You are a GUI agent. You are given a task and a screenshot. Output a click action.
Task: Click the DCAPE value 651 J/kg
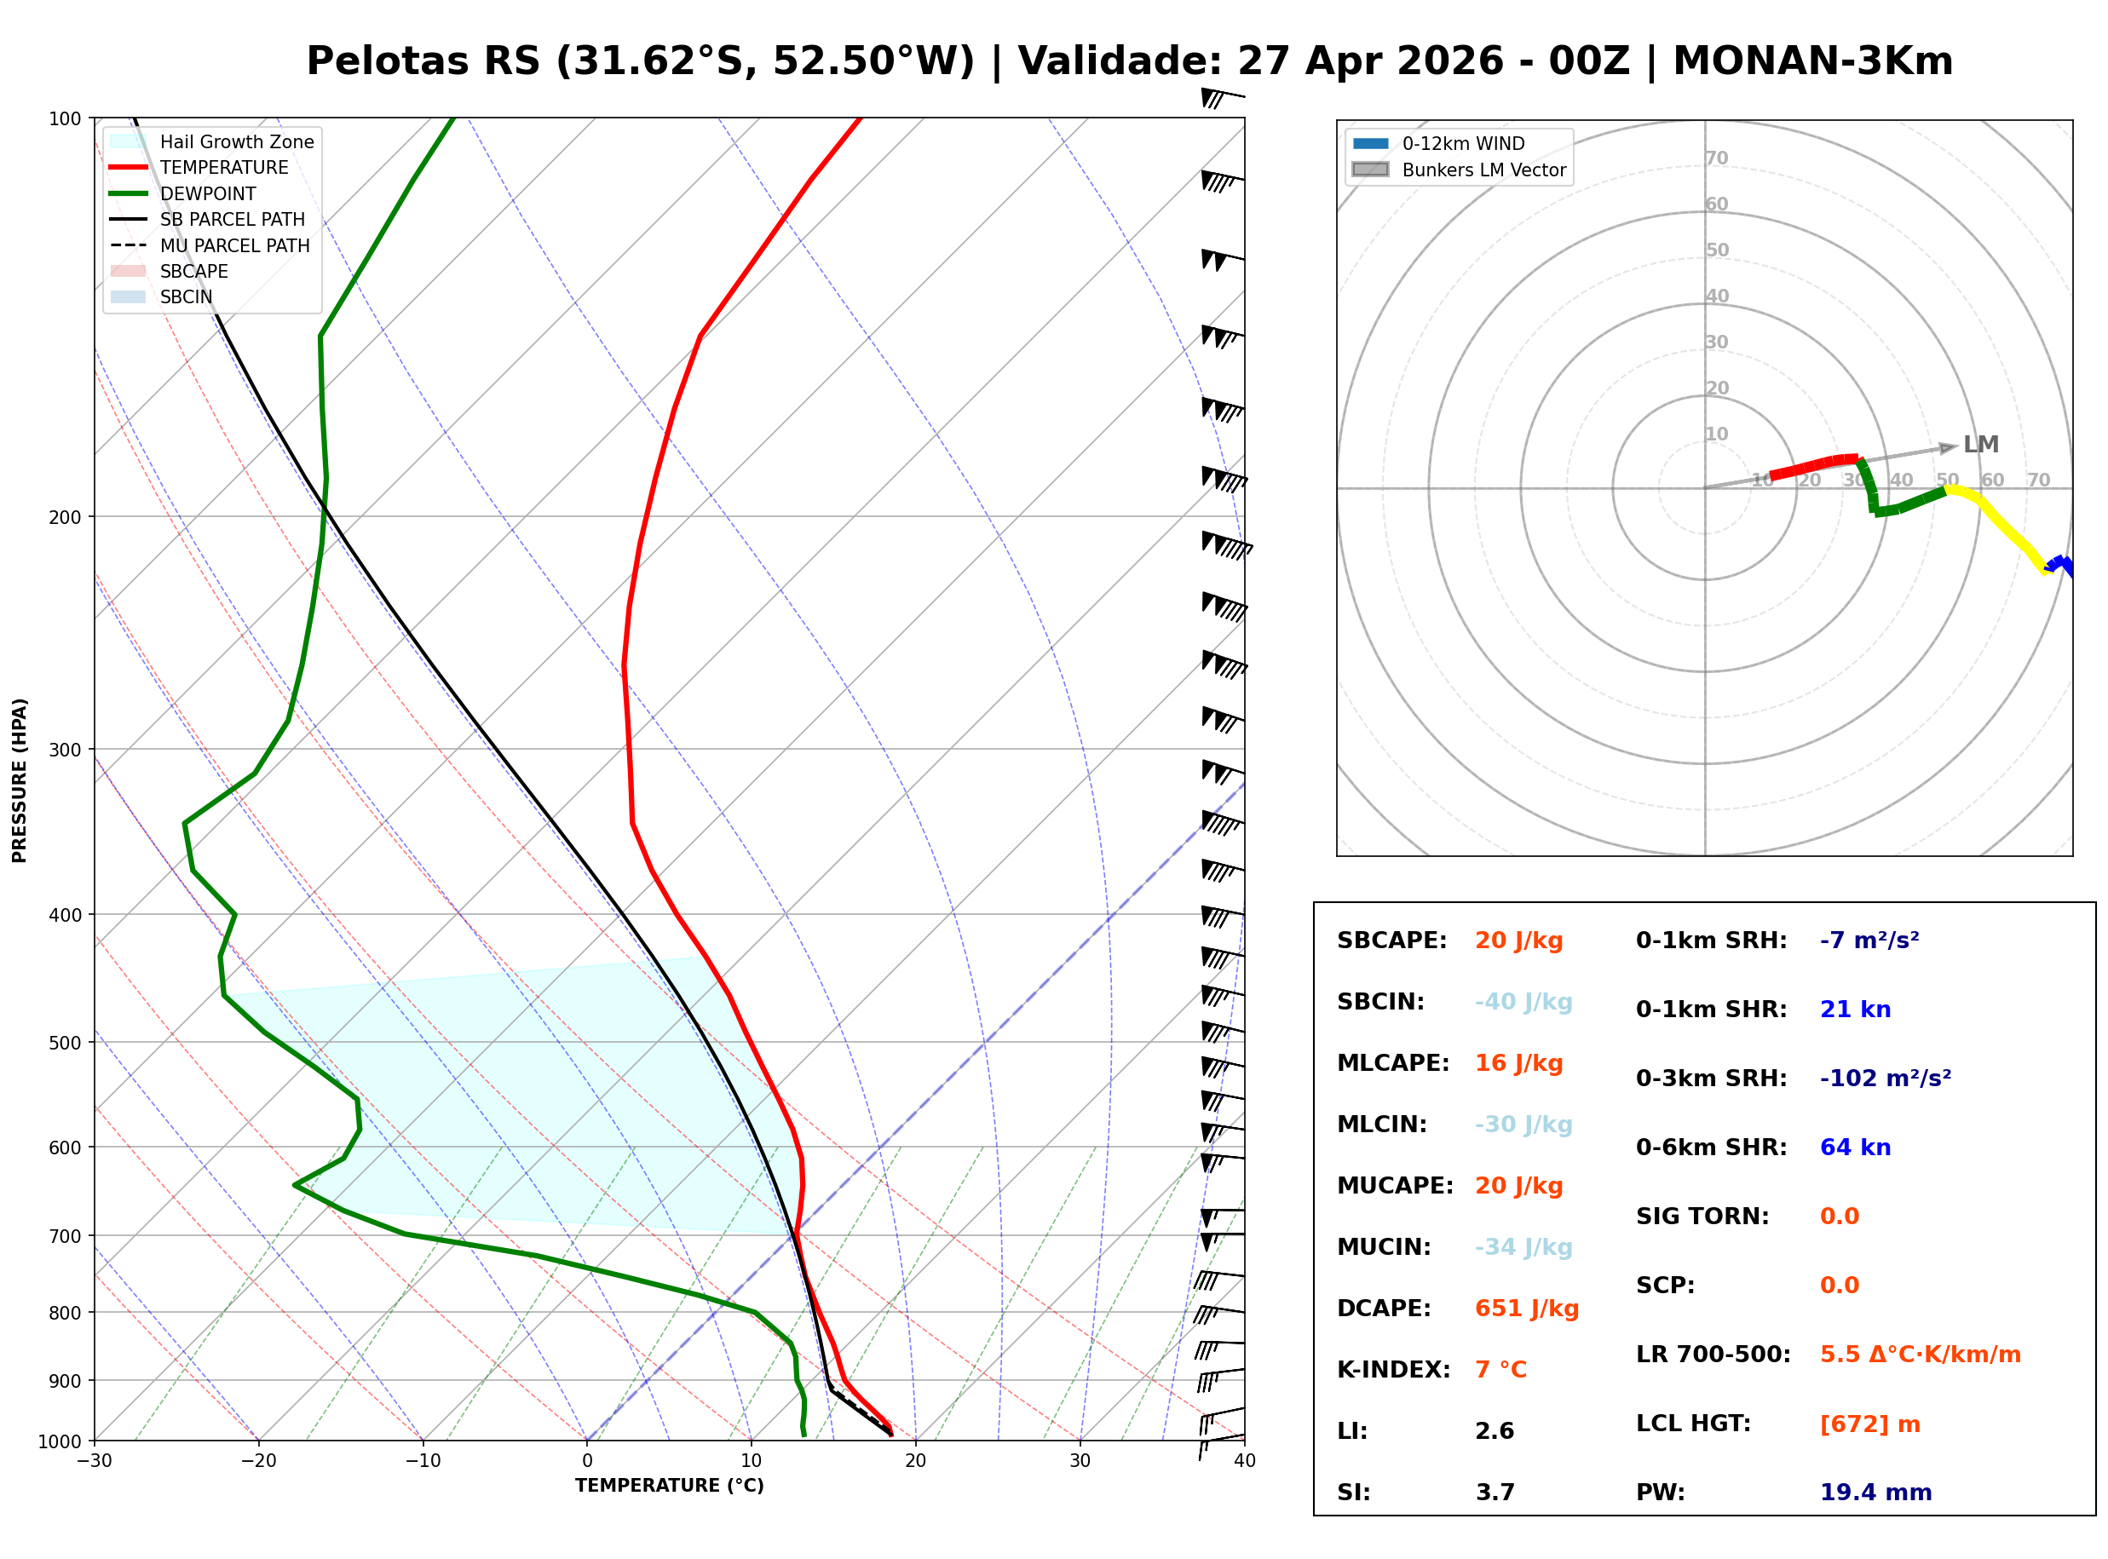1526,1308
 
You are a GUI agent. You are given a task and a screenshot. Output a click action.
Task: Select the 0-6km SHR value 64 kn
1854,1147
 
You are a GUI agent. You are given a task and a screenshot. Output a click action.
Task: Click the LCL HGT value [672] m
1869,1423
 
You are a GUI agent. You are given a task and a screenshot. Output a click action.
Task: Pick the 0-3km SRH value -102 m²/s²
1885,1078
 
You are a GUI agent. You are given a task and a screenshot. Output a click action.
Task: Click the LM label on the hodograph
1979,445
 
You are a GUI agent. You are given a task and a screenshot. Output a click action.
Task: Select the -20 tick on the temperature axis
257,1461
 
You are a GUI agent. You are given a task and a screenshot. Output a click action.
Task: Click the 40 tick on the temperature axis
1244,1461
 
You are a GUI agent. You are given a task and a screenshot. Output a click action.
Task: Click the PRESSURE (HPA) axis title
20,779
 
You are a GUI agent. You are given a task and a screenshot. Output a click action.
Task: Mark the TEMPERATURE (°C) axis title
669,1486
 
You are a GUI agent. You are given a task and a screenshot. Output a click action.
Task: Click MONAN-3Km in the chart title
1811,61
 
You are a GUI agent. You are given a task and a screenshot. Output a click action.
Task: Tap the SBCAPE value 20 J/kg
1518,940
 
